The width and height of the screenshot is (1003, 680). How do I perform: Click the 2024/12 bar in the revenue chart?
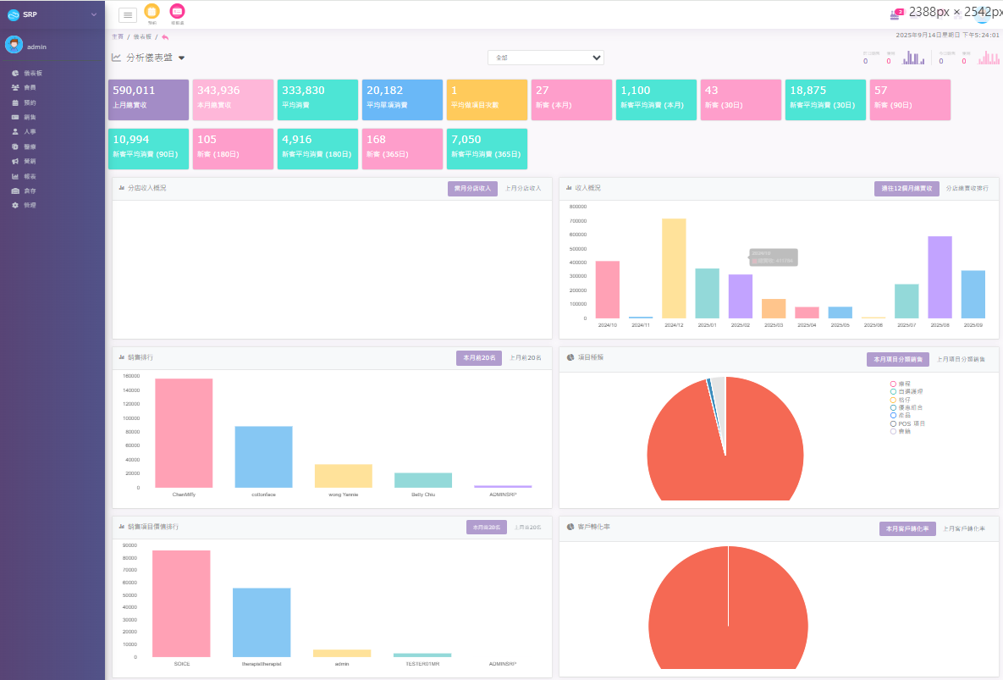(x=674, y=268)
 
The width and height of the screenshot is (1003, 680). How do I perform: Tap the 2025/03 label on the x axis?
(x=774, y=324)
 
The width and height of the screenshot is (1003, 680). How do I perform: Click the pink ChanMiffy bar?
(x=184, y=433)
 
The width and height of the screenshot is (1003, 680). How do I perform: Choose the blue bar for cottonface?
(x=263, y=456)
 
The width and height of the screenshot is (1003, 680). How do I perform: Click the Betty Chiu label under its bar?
(x=422, y=494)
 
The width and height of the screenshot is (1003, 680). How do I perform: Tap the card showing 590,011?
(x=148, y=100)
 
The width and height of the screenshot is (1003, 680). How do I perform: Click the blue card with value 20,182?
(x=402, y=100)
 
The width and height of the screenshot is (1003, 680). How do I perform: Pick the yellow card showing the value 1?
(x=487, y=100)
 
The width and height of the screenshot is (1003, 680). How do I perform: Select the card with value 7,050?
(x=487, y=148)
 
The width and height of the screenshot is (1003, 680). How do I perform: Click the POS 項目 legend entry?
(x=911, y=423)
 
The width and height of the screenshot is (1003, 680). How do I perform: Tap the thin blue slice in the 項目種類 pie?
(x=708, y=385)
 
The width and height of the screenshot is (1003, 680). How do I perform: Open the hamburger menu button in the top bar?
(x=128, y=14)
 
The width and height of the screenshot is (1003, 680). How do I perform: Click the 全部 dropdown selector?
(x=545, y=58)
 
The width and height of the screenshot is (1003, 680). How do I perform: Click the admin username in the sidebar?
(x=36, y=47)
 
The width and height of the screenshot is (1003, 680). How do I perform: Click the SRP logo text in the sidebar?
(x=30, y=14)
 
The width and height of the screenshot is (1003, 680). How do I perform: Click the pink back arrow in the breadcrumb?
(x=165, y=37)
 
